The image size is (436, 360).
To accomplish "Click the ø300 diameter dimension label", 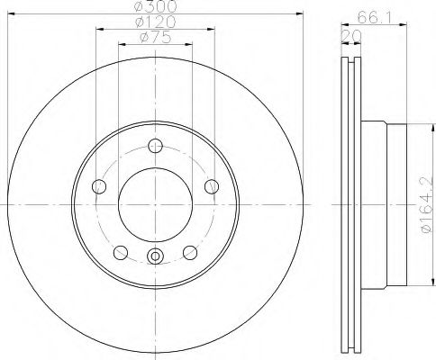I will (x=154, y=6).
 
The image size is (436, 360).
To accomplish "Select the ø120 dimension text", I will (x=154, y=20).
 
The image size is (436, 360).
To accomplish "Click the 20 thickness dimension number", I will (x=348, y=35).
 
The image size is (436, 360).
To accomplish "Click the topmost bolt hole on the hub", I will (x=155, y=147).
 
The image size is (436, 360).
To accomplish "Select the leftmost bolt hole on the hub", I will (x=100, y=186).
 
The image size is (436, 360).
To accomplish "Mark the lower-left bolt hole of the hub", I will (x=121, y=251).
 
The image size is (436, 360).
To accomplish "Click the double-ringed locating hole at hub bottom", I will (x=155, y=257).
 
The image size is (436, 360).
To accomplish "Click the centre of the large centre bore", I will (x=155, y=205).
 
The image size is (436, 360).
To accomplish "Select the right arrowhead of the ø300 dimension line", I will (x=304, y=13).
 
